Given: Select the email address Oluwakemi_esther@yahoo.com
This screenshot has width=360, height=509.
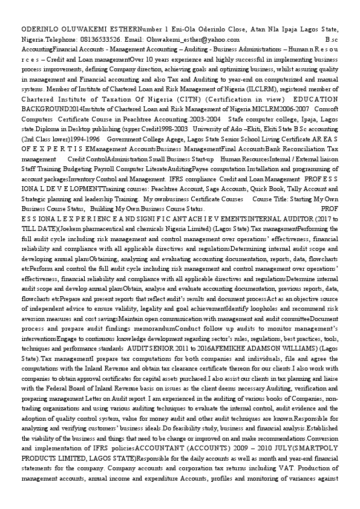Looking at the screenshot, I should (x=187, y=39).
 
